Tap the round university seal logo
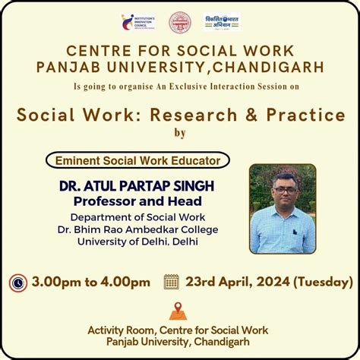180,22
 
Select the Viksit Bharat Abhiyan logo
222,22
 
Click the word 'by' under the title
180,134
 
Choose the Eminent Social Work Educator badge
137,160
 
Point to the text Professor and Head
137,201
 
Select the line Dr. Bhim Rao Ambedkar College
137,229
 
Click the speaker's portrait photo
282,208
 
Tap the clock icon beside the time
18,283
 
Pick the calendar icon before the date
172,282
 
